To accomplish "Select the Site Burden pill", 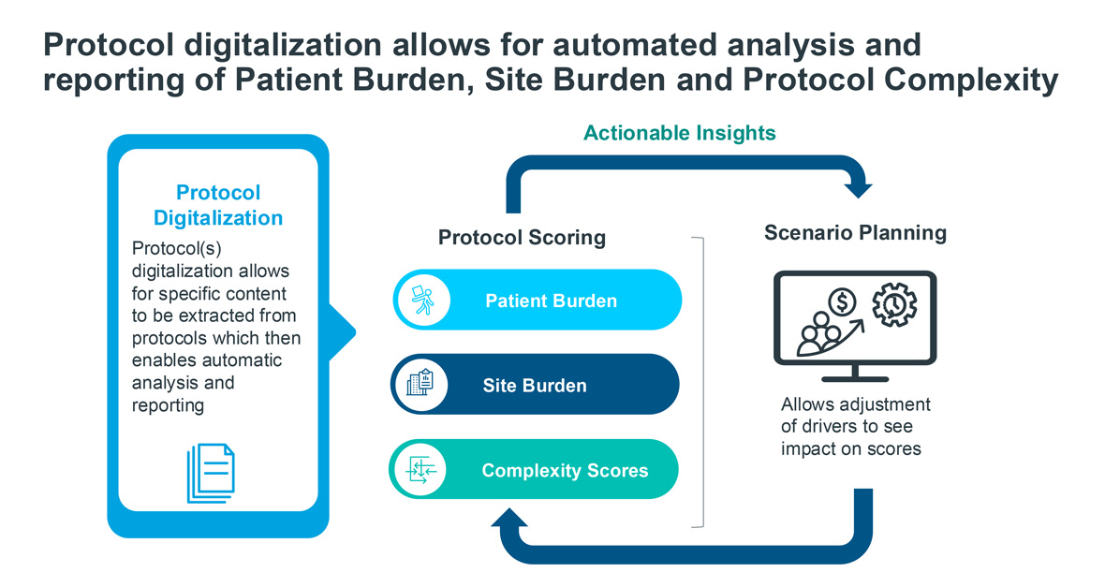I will (x=535, y=385).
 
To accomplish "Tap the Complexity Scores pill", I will (x=535, y=470).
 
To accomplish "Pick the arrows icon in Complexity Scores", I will (x=419, y=470).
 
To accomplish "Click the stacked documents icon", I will (x=211, y=473).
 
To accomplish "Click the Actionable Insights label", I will (x=679, y=133).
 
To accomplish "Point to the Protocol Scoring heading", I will (x=522, y=238).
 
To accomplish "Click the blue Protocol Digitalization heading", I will (x=218, y=206).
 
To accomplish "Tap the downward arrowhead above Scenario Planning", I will (x=859, y=190).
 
